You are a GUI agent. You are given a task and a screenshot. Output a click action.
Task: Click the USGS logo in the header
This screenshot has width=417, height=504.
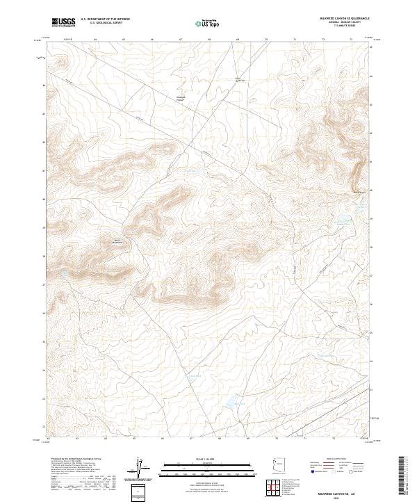pyautogui.click(x=63, y=22)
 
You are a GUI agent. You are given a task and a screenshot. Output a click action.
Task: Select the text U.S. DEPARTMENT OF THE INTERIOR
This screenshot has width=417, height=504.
pyautogui.click(x=105, y=19)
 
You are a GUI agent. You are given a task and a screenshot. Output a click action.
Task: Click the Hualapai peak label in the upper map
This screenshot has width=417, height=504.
pyautogui.click(x=181, y=97)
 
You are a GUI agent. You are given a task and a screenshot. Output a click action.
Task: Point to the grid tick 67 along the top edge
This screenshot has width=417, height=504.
pyautogui.click(x=181, y=40)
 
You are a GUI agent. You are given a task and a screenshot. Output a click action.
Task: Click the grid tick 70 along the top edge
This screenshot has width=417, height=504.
pyautogui.click(x=266, y=40)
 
